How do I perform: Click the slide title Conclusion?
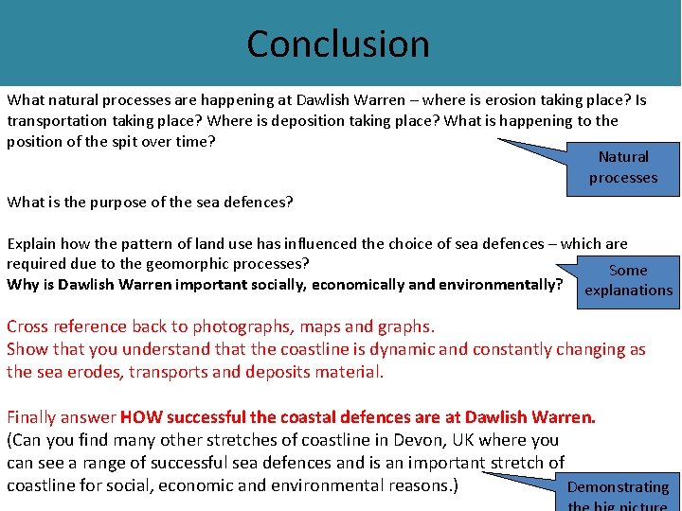click(x=338, y=44)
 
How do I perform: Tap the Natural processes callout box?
click(x=623, y=167)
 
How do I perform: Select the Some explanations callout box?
click(x=628, y=280)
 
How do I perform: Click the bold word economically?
click(x=358, y=284)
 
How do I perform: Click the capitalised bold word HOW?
click(x=140, y=416)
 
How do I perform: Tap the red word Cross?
click(x=29, y=327)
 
